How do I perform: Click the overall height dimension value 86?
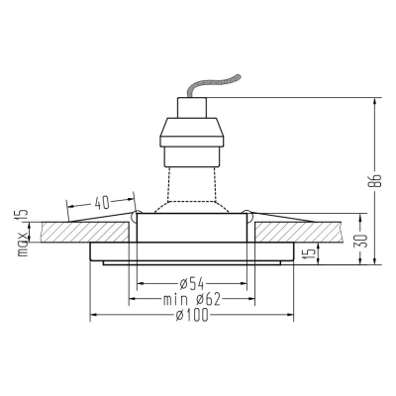(375, 180)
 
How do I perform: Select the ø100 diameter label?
(192, 316)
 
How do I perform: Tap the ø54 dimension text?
(192, 283)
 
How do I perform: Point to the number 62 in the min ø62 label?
(212, 300)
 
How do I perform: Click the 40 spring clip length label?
(102, 203)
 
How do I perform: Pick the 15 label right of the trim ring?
(311, 253)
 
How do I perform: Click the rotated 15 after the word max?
(22, 217)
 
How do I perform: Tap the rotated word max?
(23, 244)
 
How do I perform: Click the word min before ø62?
(175, 300)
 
